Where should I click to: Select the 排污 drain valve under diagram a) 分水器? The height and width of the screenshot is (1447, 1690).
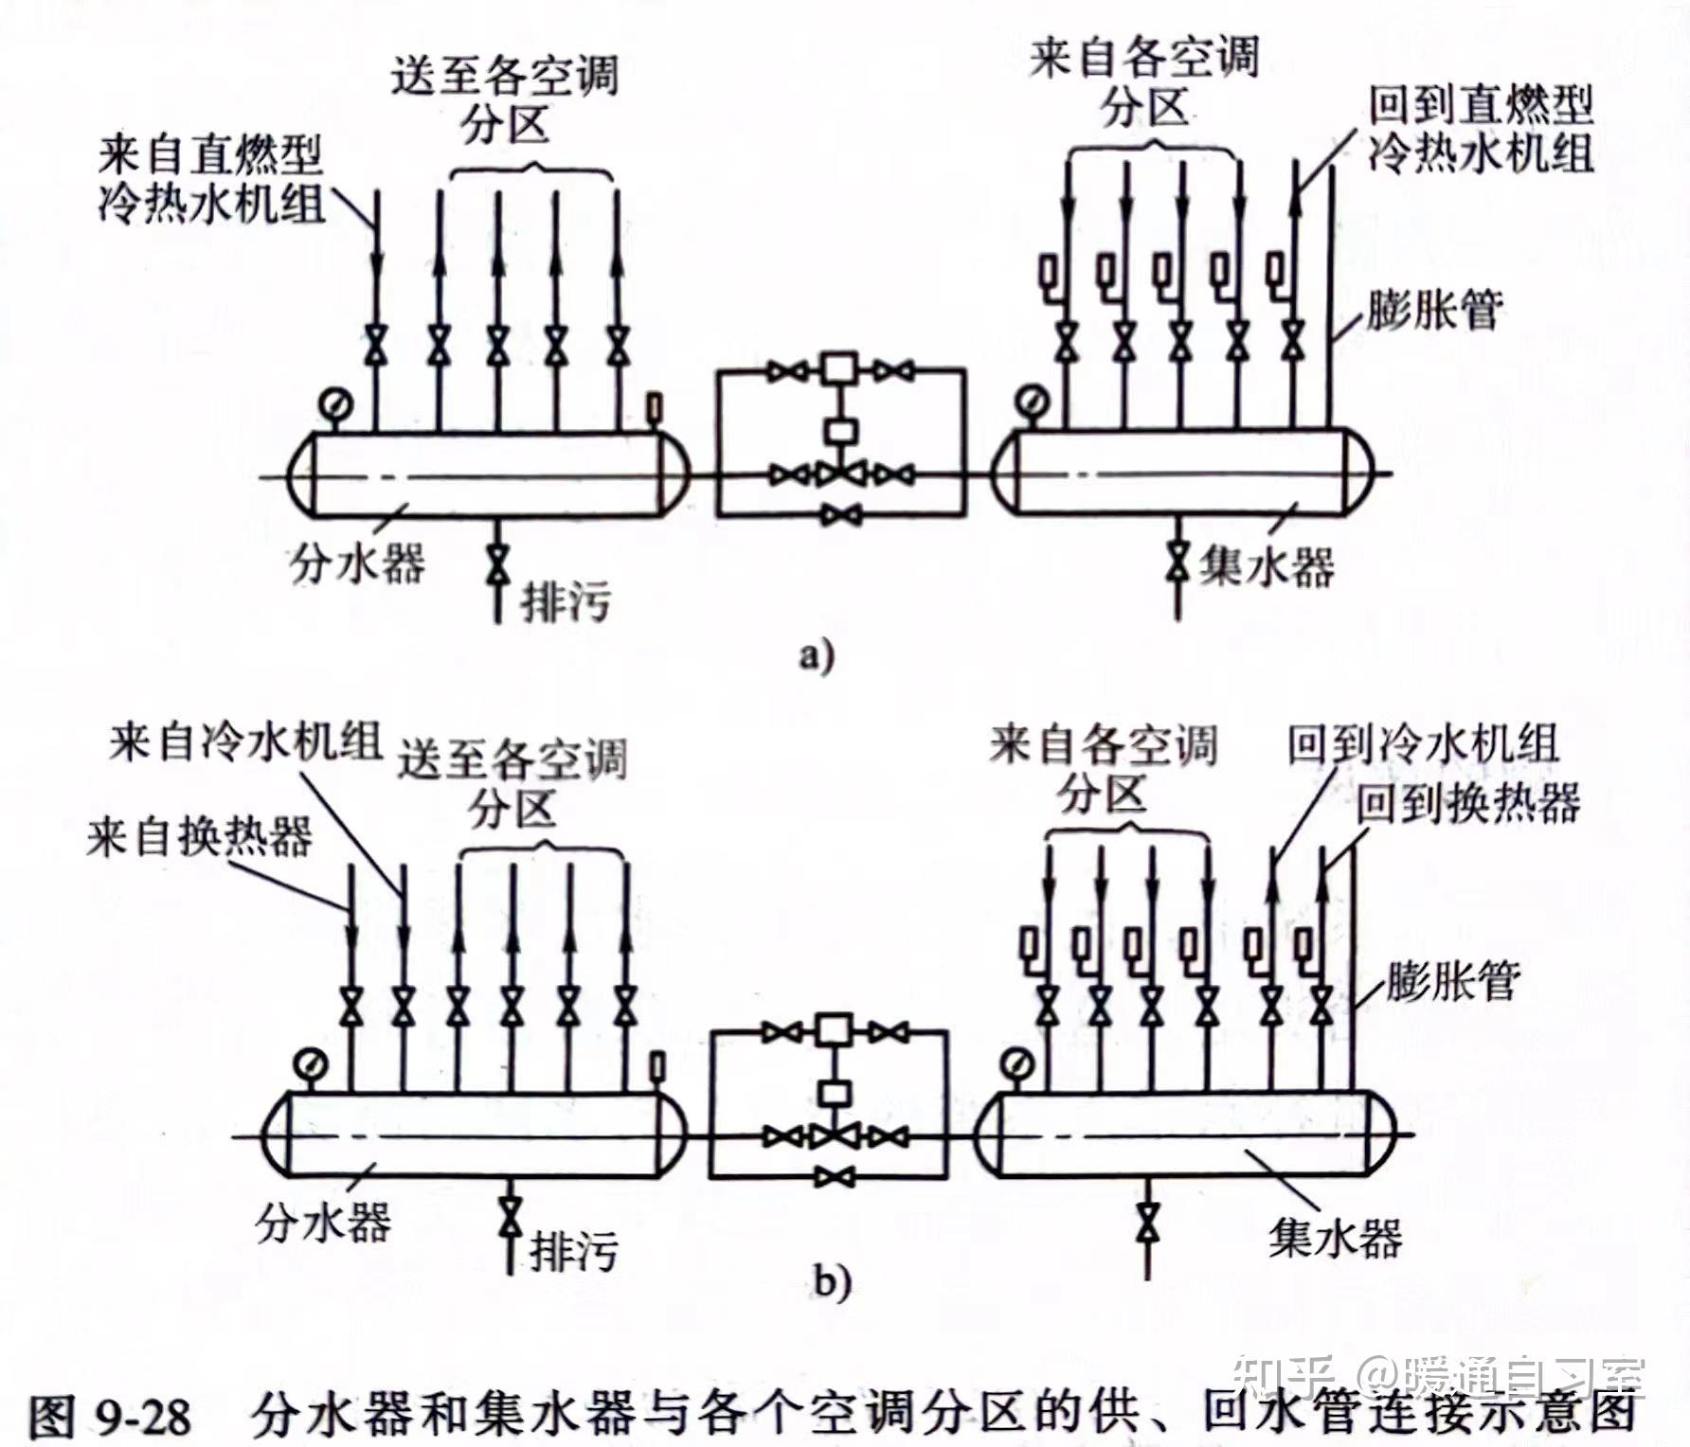click(496, 565)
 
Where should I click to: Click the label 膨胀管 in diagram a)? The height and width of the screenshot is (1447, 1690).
click(1433, 308)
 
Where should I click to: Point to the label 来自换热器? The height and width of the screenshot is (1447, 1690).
click(199, 836)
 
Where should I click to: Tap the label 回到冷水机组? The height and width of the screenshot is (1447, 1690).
click(1422, 744)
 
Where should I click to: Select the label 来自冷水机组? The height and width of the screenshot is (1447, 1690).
click(244, 741)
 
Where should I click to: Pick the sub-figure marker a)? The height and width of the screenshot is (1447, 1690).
click(816, 655)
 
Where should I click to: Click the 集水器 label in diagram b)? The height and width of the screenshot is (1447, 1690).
click(1336, 1238)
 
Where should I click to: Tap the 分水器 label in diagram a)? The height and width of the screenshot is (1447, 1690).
click(356, 563)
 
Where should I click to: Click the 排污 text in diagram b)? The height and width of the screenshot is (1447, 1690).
click(572, 1252)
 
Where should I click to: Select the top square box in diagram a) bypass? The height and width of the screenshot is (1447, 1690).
click(838, 367)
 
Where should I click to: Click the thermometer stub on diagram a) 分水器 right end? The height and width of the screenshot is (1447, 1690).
click(653, 408)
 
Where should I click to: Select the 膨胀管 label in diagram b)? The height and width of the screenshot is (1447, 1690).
click(1452, 980)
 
